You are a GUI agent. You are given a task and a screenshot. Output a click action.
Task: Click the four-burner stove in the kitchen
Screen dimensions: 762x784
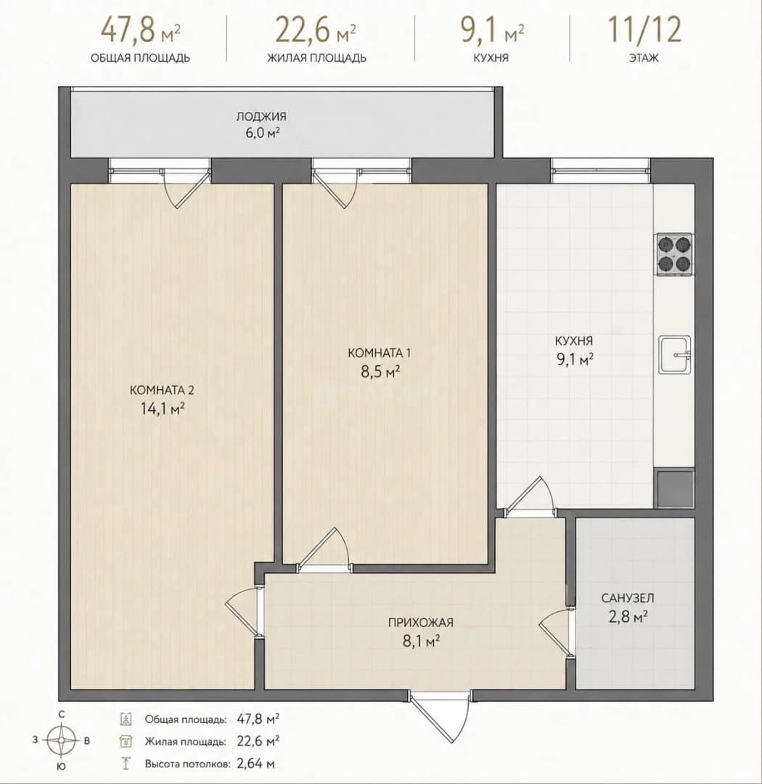pos(674,254)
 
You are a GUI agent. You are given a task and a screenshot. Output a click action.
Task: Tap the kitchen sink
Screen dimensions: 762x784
pos(675,354)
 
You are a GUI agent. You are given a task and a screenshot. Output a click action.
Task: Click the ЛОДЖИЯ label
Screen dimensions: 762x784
pos(261,116)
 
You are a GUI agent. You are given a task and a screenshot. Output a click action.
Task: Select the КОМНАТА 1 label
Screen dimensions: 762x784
pos(379,353)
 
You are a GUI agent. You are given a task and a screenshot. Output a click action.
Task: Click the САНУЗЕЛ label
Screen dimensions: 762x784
pos(628,597)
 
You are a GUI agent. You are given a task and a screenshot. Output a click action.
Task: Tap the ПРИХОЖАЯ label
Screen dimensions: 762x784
pos(420,623)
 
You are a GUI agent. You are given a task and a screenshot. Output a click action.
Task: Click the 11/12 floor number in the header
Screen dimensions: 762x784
pos(644,30)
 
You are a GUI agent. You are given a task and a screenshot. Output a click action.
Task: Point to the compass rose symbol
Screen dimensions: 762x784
pos(61,740)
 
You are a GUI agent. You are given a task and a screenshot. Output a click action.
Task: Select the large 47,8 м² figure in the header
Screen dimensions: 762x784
pos(141,30)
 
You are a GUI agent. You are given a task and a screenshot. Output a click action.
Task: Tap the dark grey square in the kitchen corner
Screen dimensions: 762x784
pos(674,488)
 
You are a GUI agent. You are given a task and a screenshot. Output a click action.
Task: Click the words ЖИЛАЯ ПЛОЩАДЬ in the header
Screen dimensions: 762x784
pos(316,58)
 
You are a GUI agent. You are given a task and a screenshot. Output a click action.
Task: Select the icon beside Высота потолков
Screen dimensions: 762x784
pos(126,764)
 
